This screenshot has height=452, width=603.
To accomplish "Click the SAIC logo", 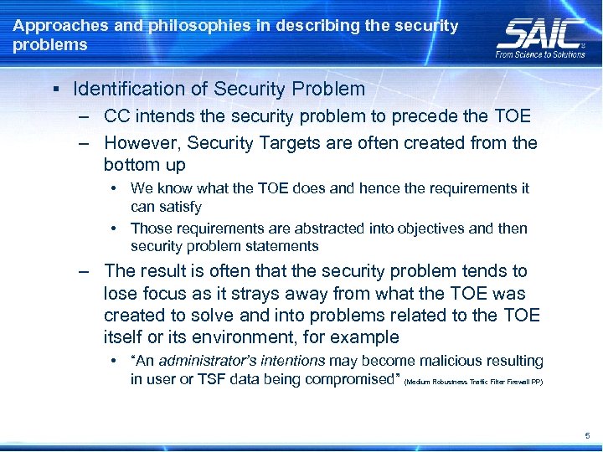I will click(x=541, y=34).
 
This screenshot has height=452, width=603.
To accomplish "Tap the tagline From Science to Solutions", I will click(x=540, y=54).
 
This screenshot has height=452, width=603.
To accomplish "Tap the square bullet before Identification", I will click(x=54, y=90).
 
